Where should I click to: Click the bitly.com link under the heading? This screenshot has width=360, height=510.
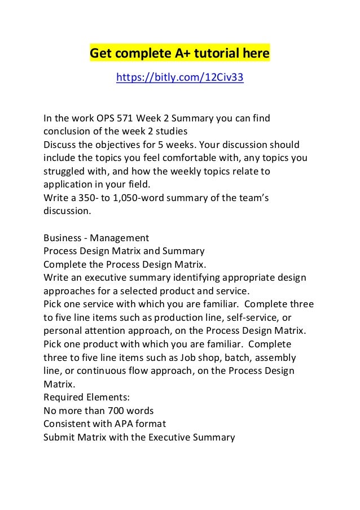click(x=179, y=78)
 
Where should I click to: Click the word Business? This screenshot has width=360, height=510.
click(x=62, y=237)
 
